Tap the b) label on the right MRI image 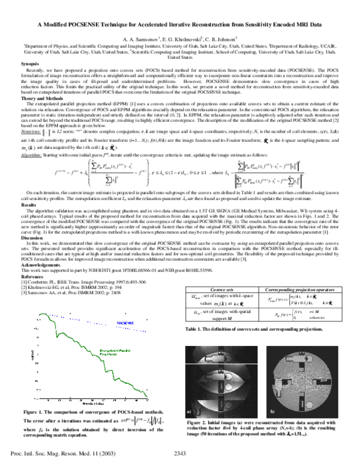[x=272, y=413]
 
